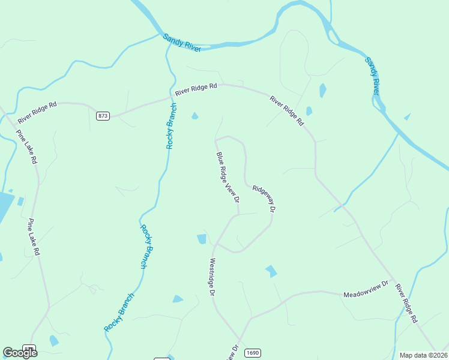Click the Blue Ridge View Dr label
coord(228,177)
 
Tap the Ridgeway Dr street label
coord(264,198)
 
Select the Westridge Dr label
coord(212,277)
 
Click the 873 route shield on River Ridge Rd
coord(103,116)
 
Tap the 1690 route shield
coord(253,353)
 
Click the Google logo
coord(20,353)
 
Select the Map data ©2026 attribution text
coord(423,355)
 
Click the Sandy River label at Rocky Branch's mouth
coord(181,43)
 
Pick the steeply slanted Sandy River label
coord(373,75)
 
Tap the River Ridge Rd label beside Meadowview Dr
coord(406,304)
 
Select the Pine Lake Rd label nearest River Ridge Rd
coord(27,148)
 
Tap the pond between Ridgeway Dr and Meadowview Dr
coord(271,271)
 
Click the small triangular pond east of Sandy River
coord(407,116)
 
